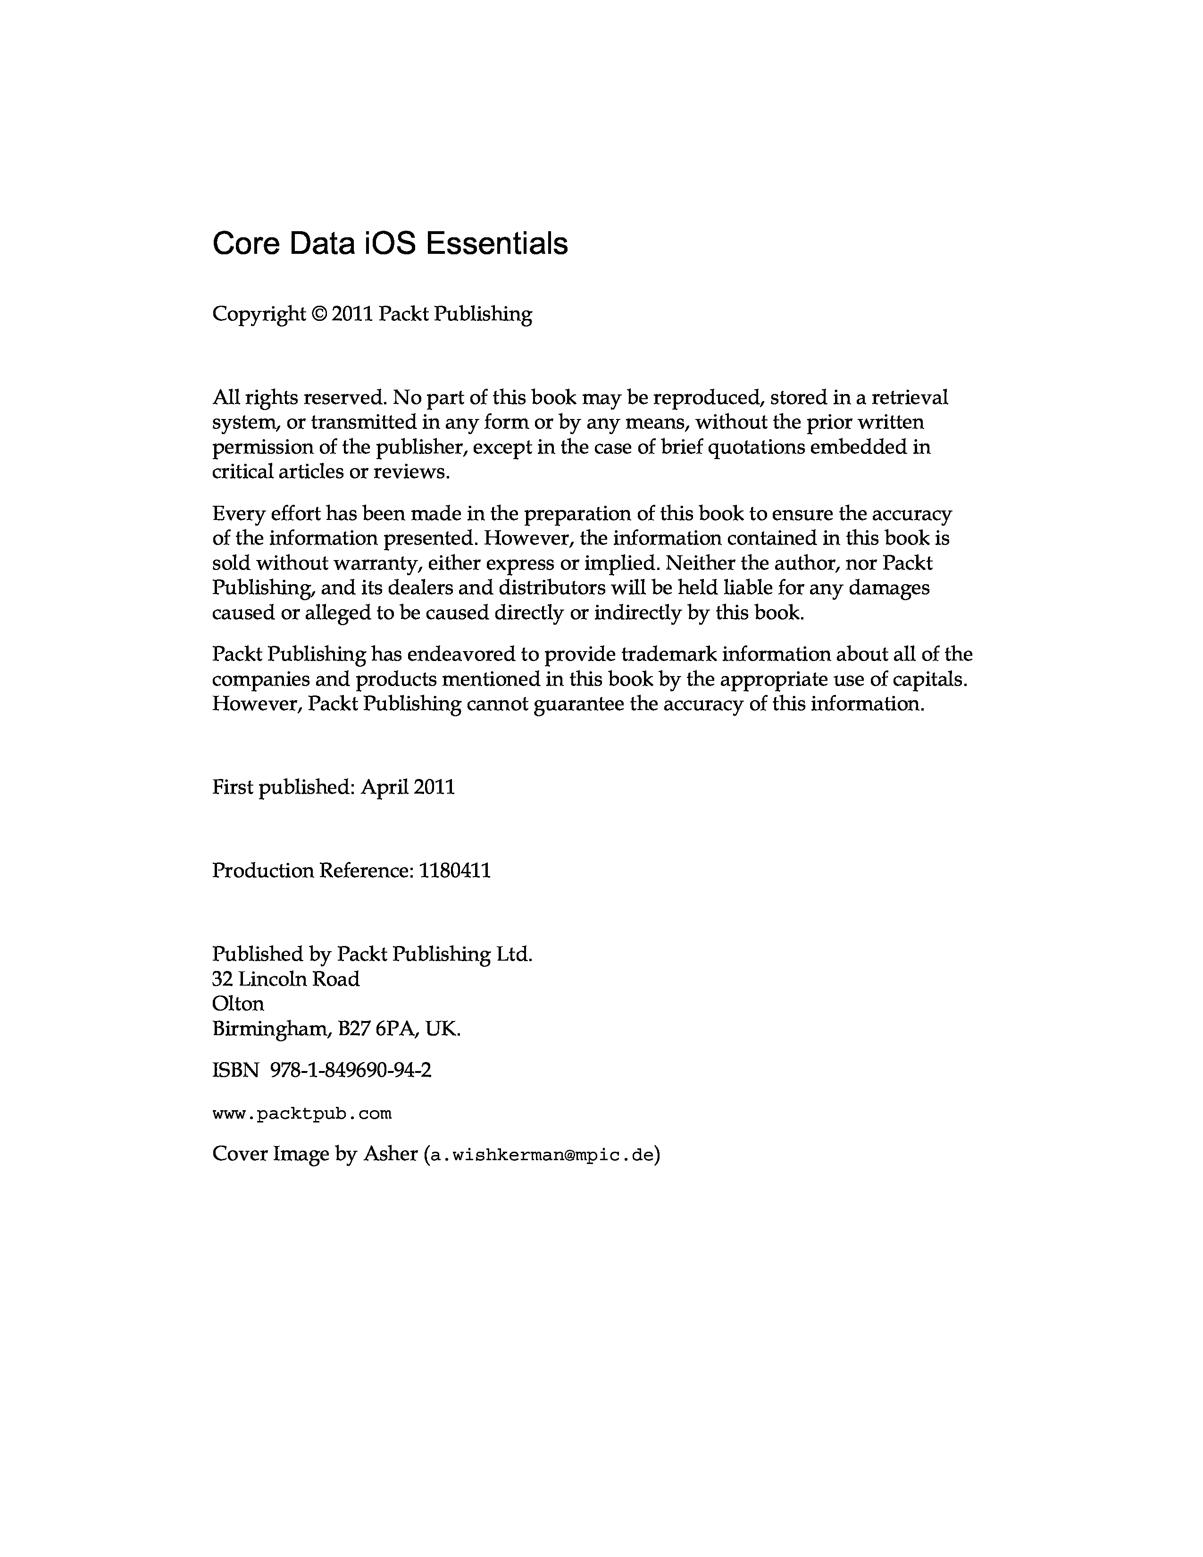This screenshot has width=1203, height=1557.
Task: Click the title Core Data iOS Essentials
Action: coord(390,244)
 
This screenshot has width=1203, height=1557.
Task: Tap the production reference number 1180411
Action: coord(455,871)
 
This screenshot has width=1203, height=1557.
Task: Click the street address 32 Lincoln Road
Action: coord(286,979)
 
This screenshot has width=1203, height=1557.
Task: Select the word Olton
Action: coord(238,1004)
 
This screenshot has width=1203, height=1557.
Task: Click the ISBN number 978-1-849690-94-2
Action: coord(351,1070)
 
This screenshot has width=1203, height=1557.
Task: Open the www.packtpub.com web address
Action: coord(302,1113)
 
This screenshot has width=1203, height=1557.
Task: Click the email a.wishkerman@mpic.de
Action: coord(541,1155)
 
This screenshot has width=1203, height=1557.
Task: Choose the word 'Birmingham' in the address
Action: coord(272,1029)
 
